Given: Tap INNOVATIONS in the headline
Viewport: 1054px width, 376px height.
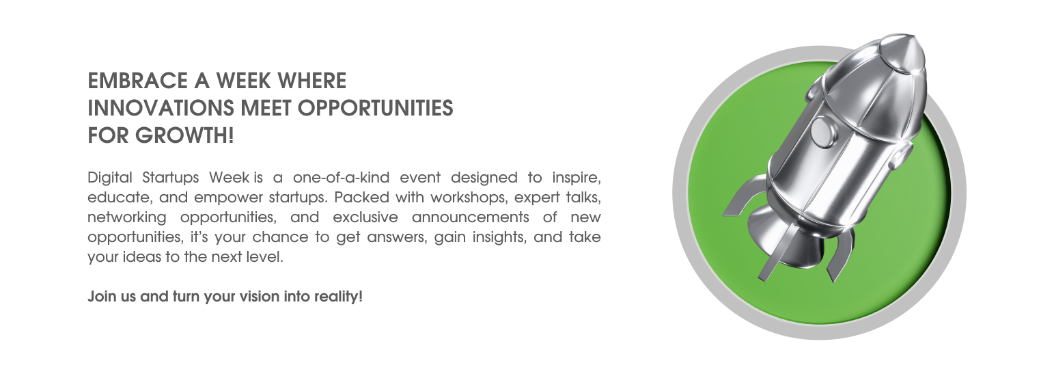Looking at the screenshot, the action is [x=161, y=108].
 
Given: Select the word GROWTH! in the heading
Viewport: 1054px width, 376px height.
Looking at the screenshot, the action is [x=184, y=135].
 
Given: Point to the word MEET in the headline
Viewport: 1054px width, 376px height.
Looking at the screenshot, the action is [x=266, y=108].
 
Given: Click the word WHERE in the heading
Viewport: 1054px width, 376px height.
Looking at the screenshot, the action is [x=312, y=81].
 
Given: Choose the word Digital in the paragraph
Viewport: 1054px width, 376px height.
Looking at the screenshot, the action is [x=109, y=178].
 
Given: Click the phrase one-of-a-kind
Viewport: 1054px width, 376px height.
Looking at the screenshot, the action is [x=341, y=178].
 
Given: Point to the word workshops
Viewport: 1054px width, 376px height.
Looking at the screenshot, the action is [x=467, y=198].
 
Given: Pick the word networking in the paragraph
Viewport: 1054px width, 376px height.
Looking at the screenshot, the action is [x=127, y=217].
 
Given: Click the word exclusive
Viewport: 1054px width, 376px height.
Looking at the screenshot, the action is [x=365, y=217].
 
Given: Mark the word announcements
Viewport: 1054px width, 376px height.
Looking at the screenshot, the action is [x=471, y=217].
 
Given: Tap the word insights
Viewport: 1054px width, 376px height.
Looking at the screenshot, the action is [x=497, y=237].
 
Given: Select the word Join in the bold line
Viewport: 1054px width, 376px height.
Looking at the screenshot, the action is [x=102, y=297].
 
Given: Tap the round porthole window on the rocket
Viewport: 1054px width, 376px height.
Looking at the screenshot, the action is [x=822, y=131].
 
